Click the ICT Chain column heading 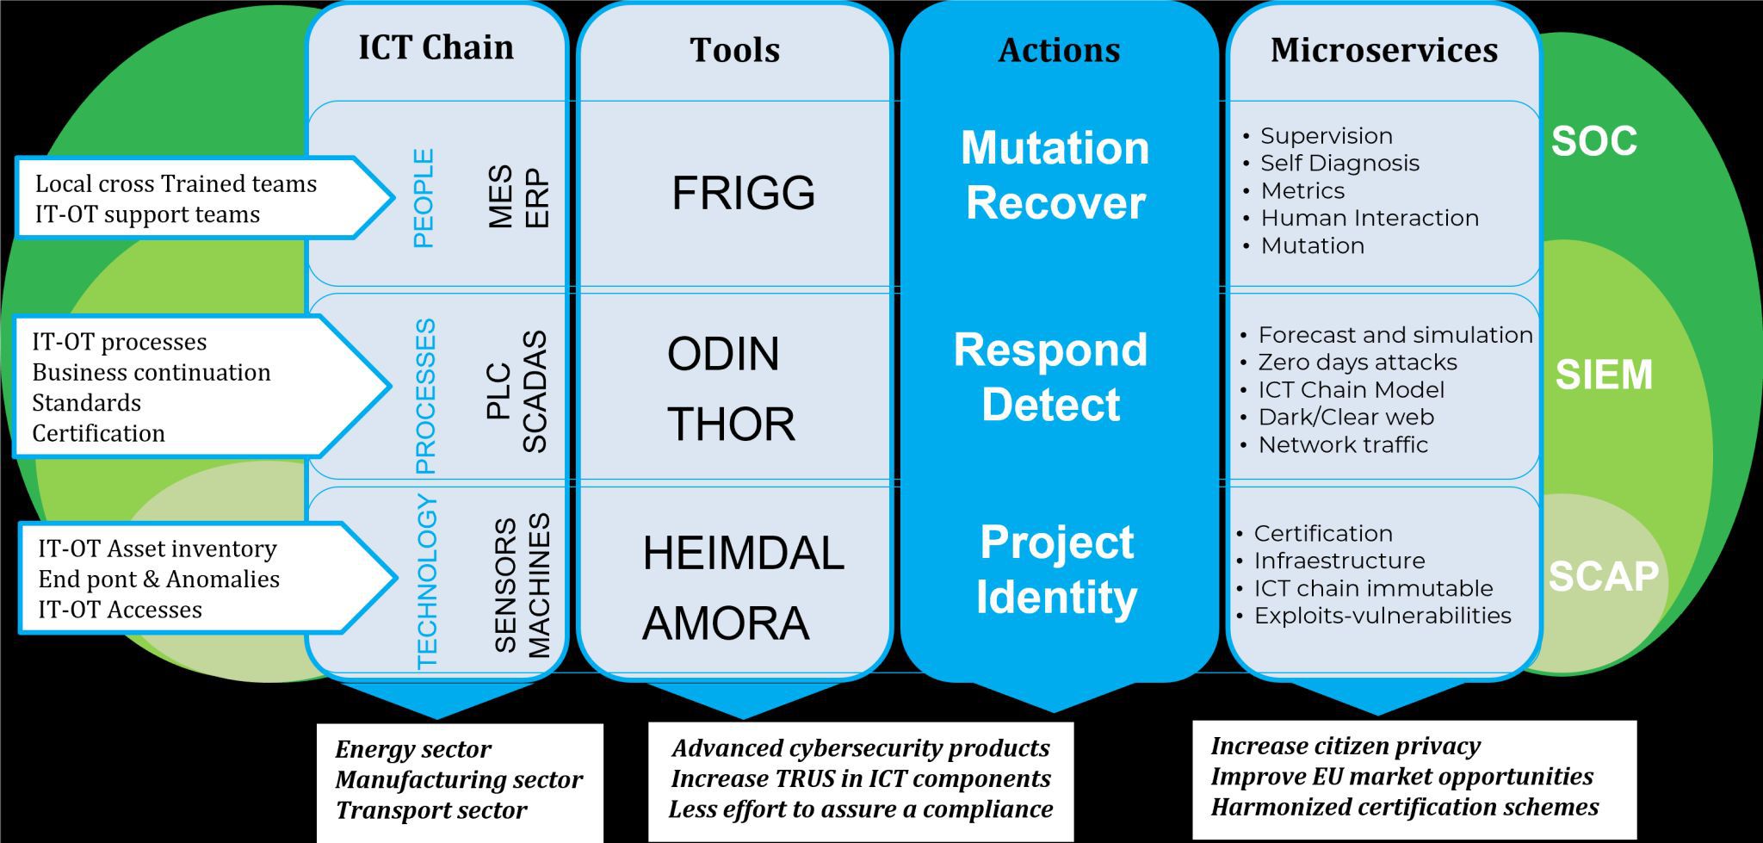pyautogui.click(x=436, y=47)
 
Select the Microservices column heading pyautogui.click(x=1384, y=50)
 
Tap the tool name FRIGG pyautogui.click(x=743, y=192)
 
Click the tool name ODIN pyautogui.click(x=723, y=354)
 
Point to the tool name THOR pyautogui.click(x=731, y=425)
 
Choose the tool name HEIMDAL pyautogui.click(x=743, y=553)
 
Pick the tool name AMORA pyautogui.click(x=726, y=623)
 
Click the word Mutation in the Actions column pyautogui.click(x=1055, y=148)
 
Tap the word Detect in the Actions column pyautogui.click(x=1051, y=405)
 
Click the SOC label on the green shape pyautogui.click(x=1594, y=141)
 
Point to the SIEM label pyautogui.click(x=1604, y=375)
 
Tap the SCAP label pyautogui.click(x=1603, y=576)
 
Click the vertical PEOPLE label pyautogui.click(x=424, y=198)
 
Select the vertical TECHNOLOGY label pyautogui.click(x=427, y=582)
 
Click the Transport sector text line pyautogui.click(x=431, y=810)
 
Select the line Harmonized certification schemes pyautogui.click(x=1405, y=807)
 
